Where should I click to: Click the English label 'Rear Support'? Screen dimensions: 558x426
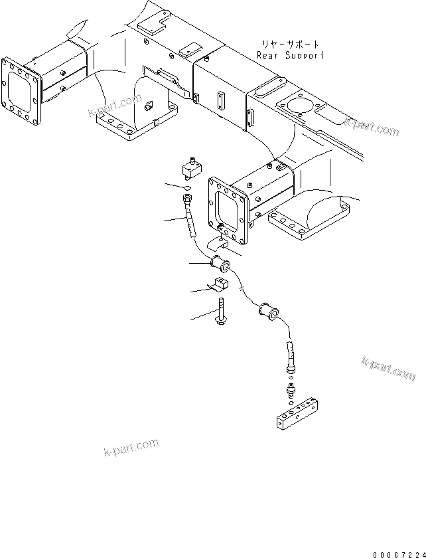[x=291, y=56]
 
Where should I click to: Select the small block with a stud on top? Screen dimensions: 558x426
[x=193, y=169]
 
